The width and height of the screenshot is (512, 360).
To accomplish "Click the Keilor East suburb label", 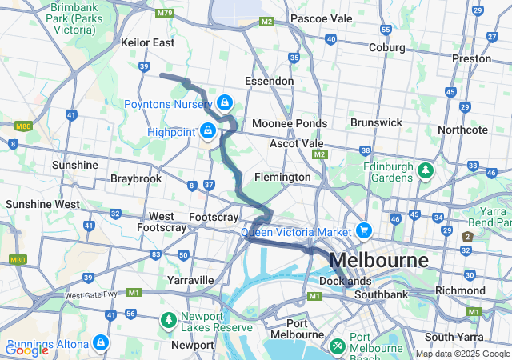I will [x=147, y=42].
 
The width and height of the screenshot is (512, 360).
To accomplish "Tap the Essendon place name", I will [x=269, y=81].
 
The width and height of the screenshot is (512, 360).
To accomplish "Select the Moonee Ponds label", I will [x=289, y=123].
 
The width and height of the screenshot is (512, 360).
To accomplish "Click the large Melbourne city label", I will [x=378, y=261].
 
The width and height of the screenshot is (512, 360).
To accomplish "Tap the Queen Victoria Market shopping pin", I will [x=364, y=230].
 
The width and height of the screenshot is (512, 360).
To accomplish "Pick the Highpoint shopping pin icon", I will [x=208, y=130].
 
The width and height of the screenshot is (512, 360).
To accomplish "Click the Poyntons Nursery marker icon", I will [x=226, y=103].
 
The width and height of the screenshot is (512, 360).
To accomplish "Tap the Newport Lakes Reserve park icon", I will [x=168, y=321].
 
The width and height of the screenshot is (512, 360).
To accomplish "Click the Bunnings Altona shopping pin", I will [x=101, y=342].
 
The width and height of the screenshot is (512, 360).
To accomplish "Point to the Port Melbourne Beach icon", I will [x=338, y=346].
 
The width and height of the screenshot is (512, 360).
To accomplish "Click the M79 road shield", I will [x=166, y=13].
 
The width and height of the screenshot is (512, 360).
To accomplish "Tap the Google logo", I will [x=26, y=350].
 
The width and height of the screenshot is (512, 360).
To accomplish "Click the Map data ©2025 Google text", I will [x=462, y=354].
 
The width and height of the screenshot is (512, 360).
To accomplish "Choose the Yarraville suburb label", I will [x=190, y=280].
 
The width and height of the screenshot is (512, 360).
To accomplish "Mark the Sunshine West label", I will [x=42, y=204].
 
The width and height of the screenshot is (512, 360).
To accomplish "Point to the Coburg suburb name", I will [x=387, y=47].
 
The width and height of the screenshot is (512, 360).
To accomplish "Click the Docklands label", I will [x=346, y=282].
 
